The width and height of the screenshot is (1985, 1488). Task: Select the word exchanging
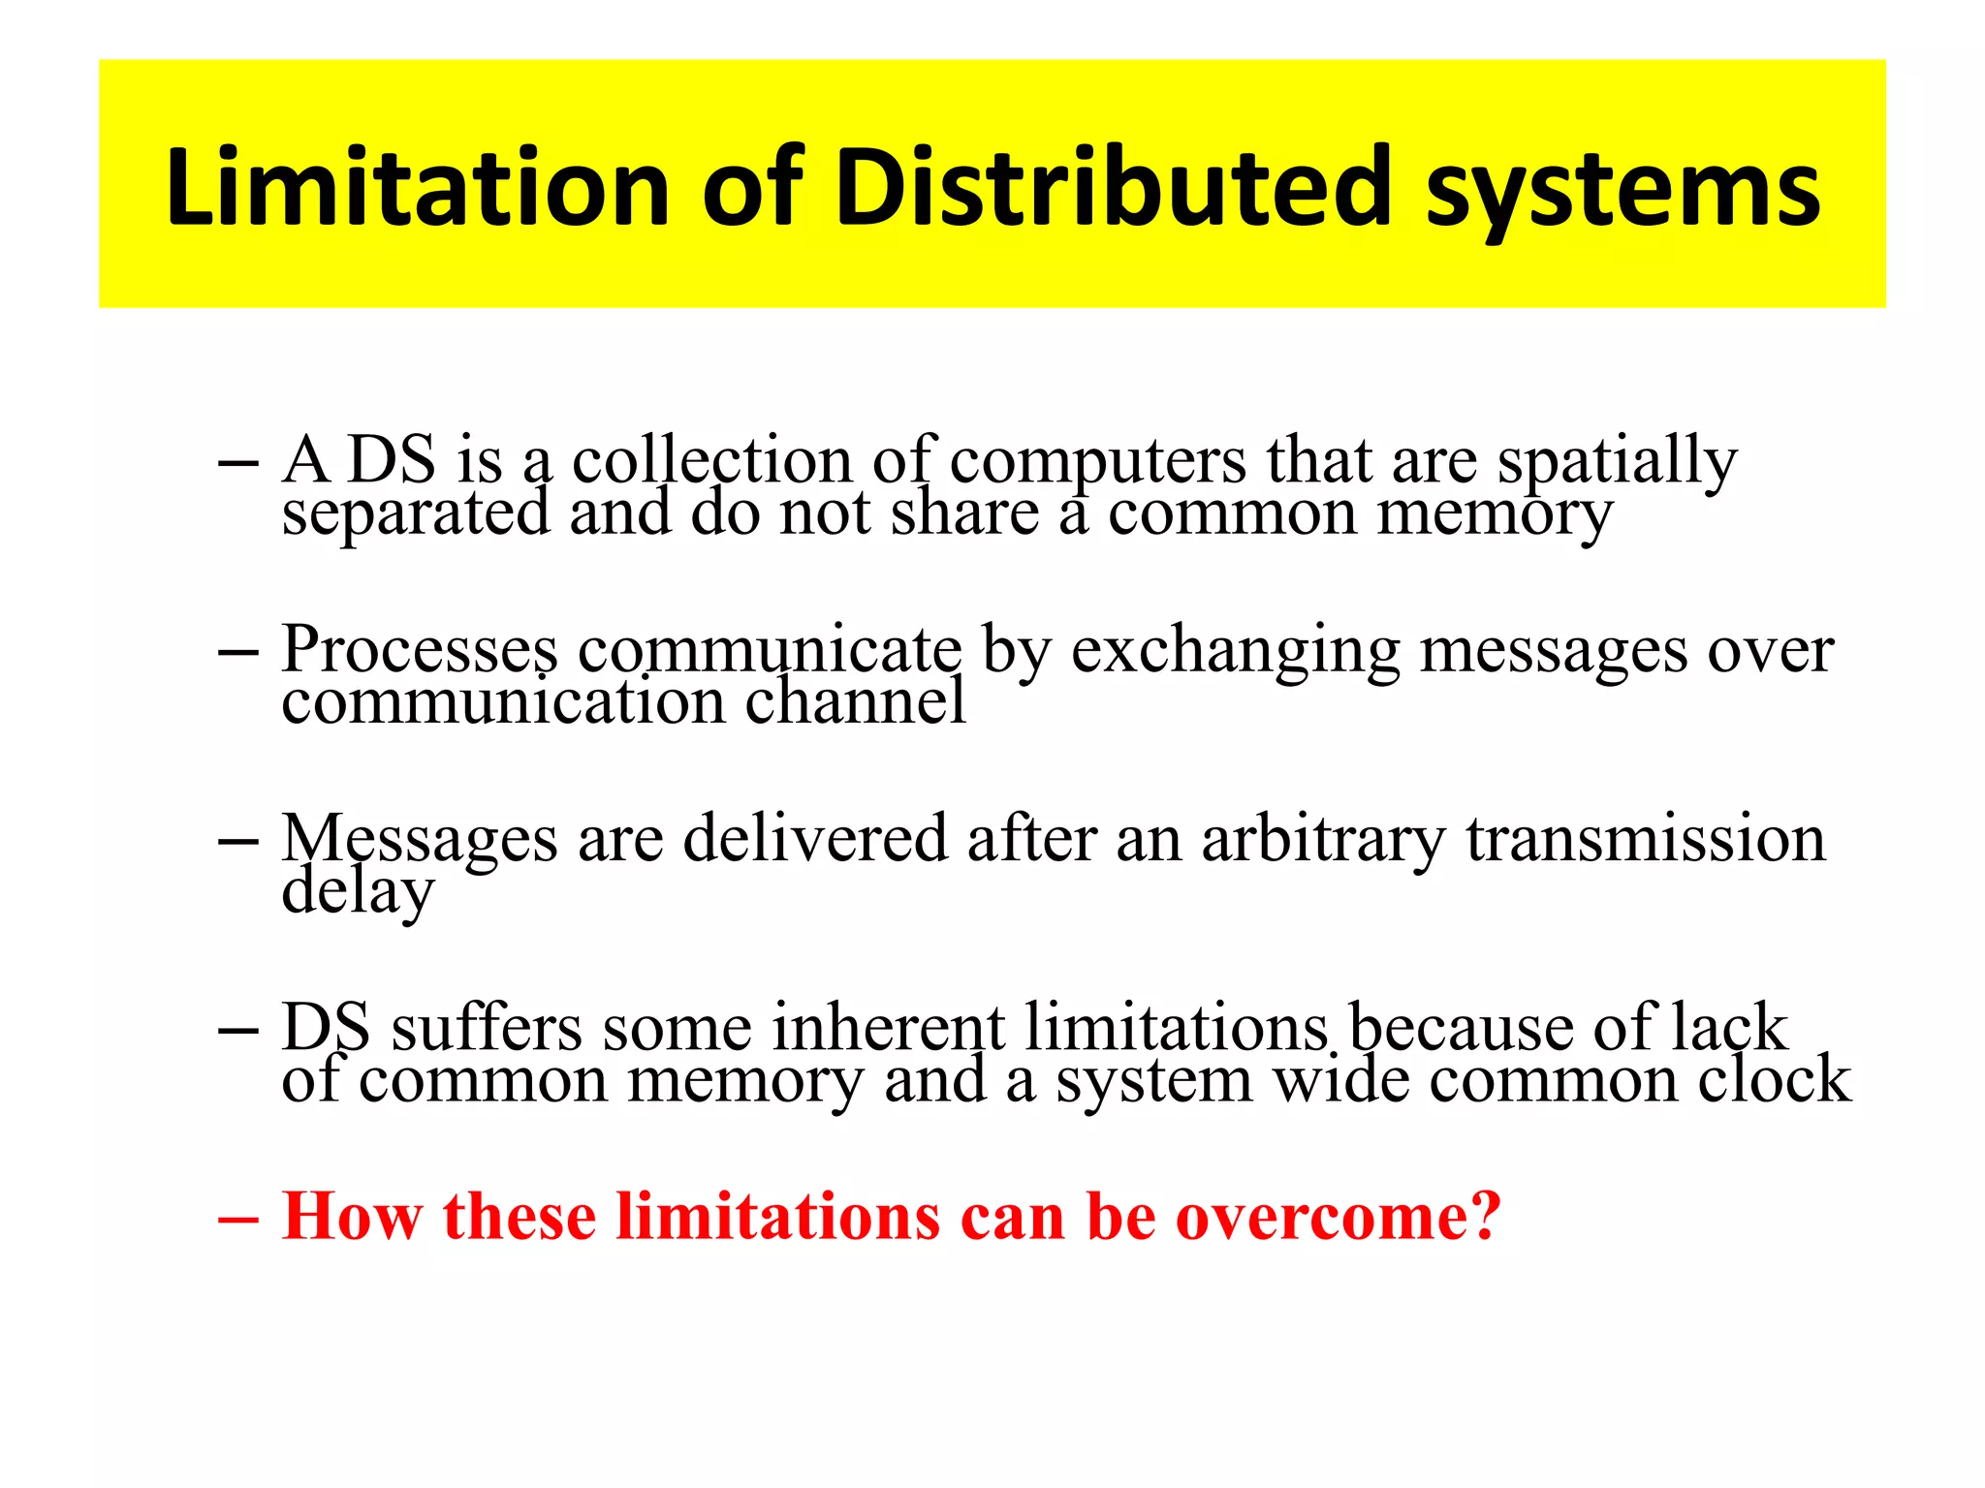click(x=1236, y=651)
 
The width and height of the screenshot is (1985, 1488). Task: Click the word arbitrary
click(x=1323, y=840)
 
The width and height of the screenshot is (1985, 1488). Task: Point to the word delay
click(x=358, y=891)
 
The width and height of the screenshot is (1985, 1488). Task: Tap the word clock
click(x=1774, y=1079)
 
